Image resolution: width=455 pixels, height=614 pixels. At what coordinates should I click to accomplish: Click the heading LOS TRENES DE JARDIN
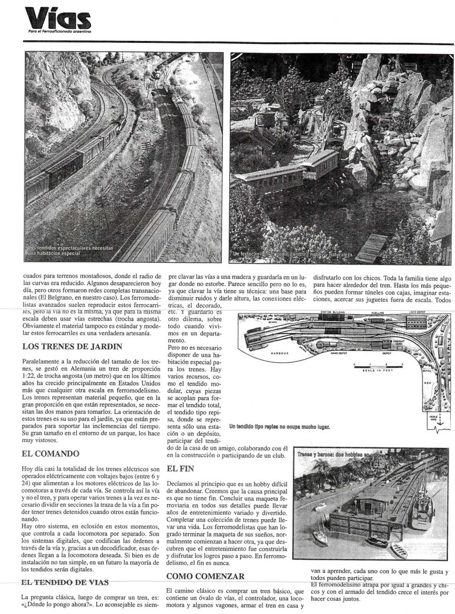(72, 347)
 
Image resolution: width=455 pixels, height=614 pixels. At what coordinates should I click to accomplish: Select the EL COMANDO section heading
(51, 454)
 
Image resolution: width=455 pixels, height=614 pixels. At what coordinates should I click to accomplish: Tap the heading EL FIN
(181, 468)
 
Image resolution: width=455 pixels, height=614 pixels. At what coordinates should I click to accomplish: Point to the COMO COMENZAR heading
(206, 576)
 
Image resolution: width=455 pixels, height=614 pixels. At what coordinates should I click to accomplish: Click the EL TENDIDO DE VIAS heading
(65, 582)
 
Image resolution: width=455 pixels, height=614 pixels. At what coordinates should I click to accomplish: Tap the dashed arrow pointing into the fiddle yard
(440, 420)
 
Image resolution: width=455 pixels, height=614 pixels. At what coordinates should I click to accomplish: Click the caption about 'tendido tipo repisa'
(279, 426)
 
